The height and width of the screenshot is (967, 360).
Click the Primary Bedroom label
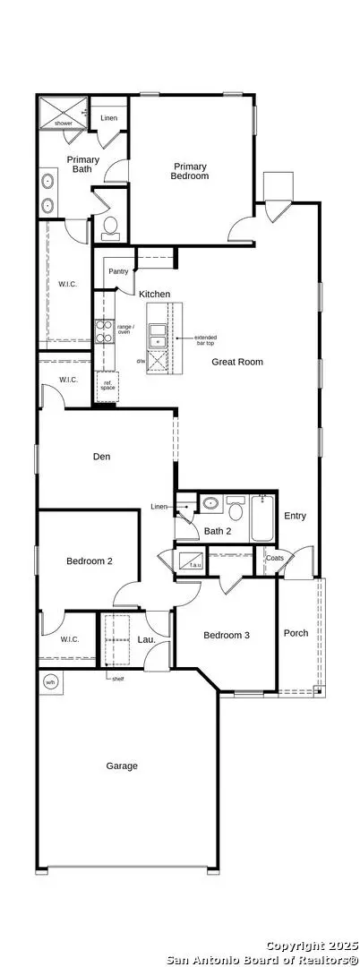[x=191, y=171]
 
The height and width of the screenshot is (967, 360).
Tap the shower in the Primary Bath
[x=61, y=111]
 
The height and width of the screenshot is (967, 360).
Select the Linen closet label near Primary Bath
[x=109, y=117]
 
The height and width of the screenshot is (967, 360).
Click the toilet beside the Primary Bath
[x=111, y=226]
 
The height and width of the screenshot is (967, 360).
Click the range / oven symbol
[x=103, y=332]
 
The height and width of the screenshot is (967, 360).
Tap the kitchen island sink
[x=158, y=336]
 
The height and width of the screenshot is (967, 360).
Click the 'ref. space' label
[x=108, y=384]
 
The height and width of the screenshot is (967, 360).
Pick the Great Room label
[x=237, y=362]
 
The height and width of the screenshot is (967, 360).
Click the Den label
[x=101, y=457]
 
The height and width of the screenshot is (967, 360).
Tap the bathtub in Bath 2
[x=261, y=519]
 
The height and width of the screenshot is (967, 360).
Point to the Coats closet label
[x=275, y=558]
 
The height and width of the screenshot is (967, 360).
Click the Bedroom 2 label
[x=89, y=561]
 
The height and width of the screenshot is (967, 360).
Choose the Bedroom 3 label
[x=226, y=636]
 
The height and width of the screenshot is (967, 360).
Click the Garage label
[x=122, y=766]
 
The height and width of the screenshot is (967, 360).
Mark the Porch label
[x=296, y=633]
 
